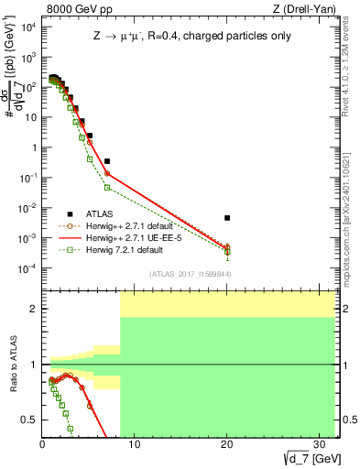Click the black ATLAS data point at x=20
tap(227, 218)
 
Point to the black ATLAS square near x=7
tap(107, 161)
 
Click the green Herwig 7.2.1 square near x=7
tap(107, 188)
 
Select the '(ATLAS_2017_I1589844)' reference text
tap(191, 274)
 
